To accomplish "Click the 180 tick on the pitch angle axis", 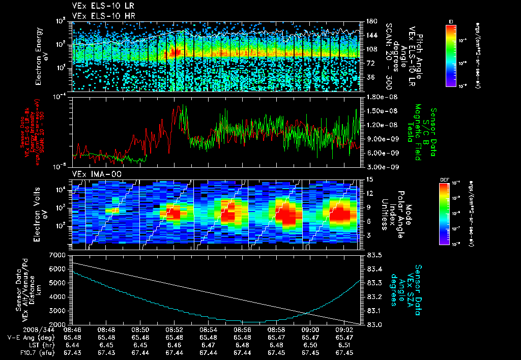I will pyautogui.click(x=370, y=21).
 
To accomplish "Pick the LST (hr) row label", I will pyautogui.click(x=22, y=344).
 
